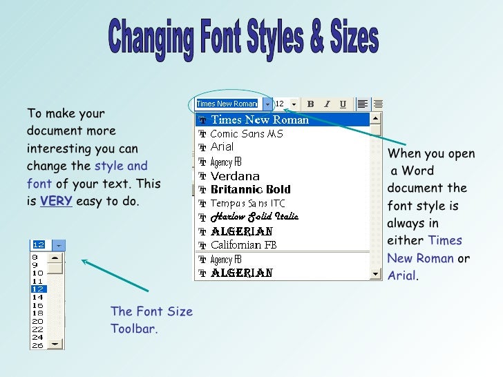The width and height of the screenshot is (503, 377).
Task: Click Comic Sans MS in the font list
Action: [x=246, y=133]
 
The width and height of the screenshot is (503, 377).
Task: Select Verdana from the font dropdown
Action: [x=235, y=175]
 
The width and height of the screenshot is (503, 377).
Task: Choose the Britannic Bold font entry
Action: [x=250, y=189]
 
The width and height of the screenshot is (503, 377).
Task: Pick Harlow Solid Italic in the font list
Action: [x=254, y=217]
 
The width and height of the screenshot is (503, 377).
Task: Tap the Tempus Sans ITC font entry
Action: [x=247, y=203]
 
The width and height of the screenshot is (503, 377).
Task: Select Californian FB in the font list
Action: [x=243, y=245]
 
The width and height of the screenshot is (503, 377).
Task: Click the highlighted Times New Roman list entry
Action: [x=259, y=119]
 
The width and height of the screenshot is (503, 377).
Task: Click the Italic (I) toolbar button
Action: [x=327, y=104]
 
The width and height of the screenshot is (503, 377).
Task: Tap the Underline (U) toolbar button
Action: [x=343, y=104]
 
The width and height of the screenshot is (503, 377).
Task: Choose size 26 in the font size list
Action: [x=38, y=345]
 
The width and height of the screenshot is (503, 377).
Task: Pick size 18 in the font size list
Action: [x=38, y=313]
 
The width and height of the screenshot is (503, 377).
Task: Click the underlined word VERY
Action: [x=56, y=202]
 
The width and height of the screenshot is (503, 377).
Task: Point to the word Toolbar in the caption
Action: [x=133, y=329]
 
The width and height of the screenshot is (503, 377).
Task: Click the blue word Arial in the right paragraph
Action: [x=401, y=276]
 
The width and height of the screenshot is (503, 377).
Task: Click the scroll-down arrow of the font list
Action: [x=375, y=273]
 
